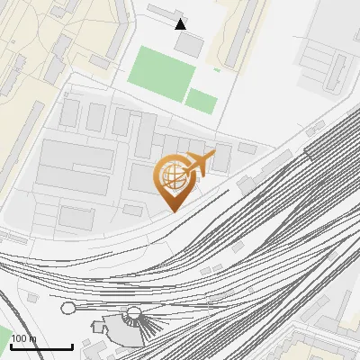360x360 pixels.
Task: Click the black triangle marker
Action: click(x=181, y=24)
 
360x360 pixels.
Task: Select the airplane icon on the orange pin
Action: click(x=200, y=165)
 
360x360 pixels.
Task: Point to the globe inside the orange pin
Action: click(x=170, y=175)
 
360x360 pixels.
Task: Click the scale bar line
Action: click(x=41, y=346)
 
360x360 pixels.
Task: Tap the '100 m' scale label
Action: click(x=24, y=338)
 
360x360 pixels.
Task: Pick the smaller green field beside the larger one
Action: click(x=202, y=101)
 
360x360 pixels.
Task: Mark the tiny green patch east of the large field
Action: click(x=217, y=69)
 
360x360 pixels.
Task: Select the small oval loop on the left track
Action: click(x=68, y=308)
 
